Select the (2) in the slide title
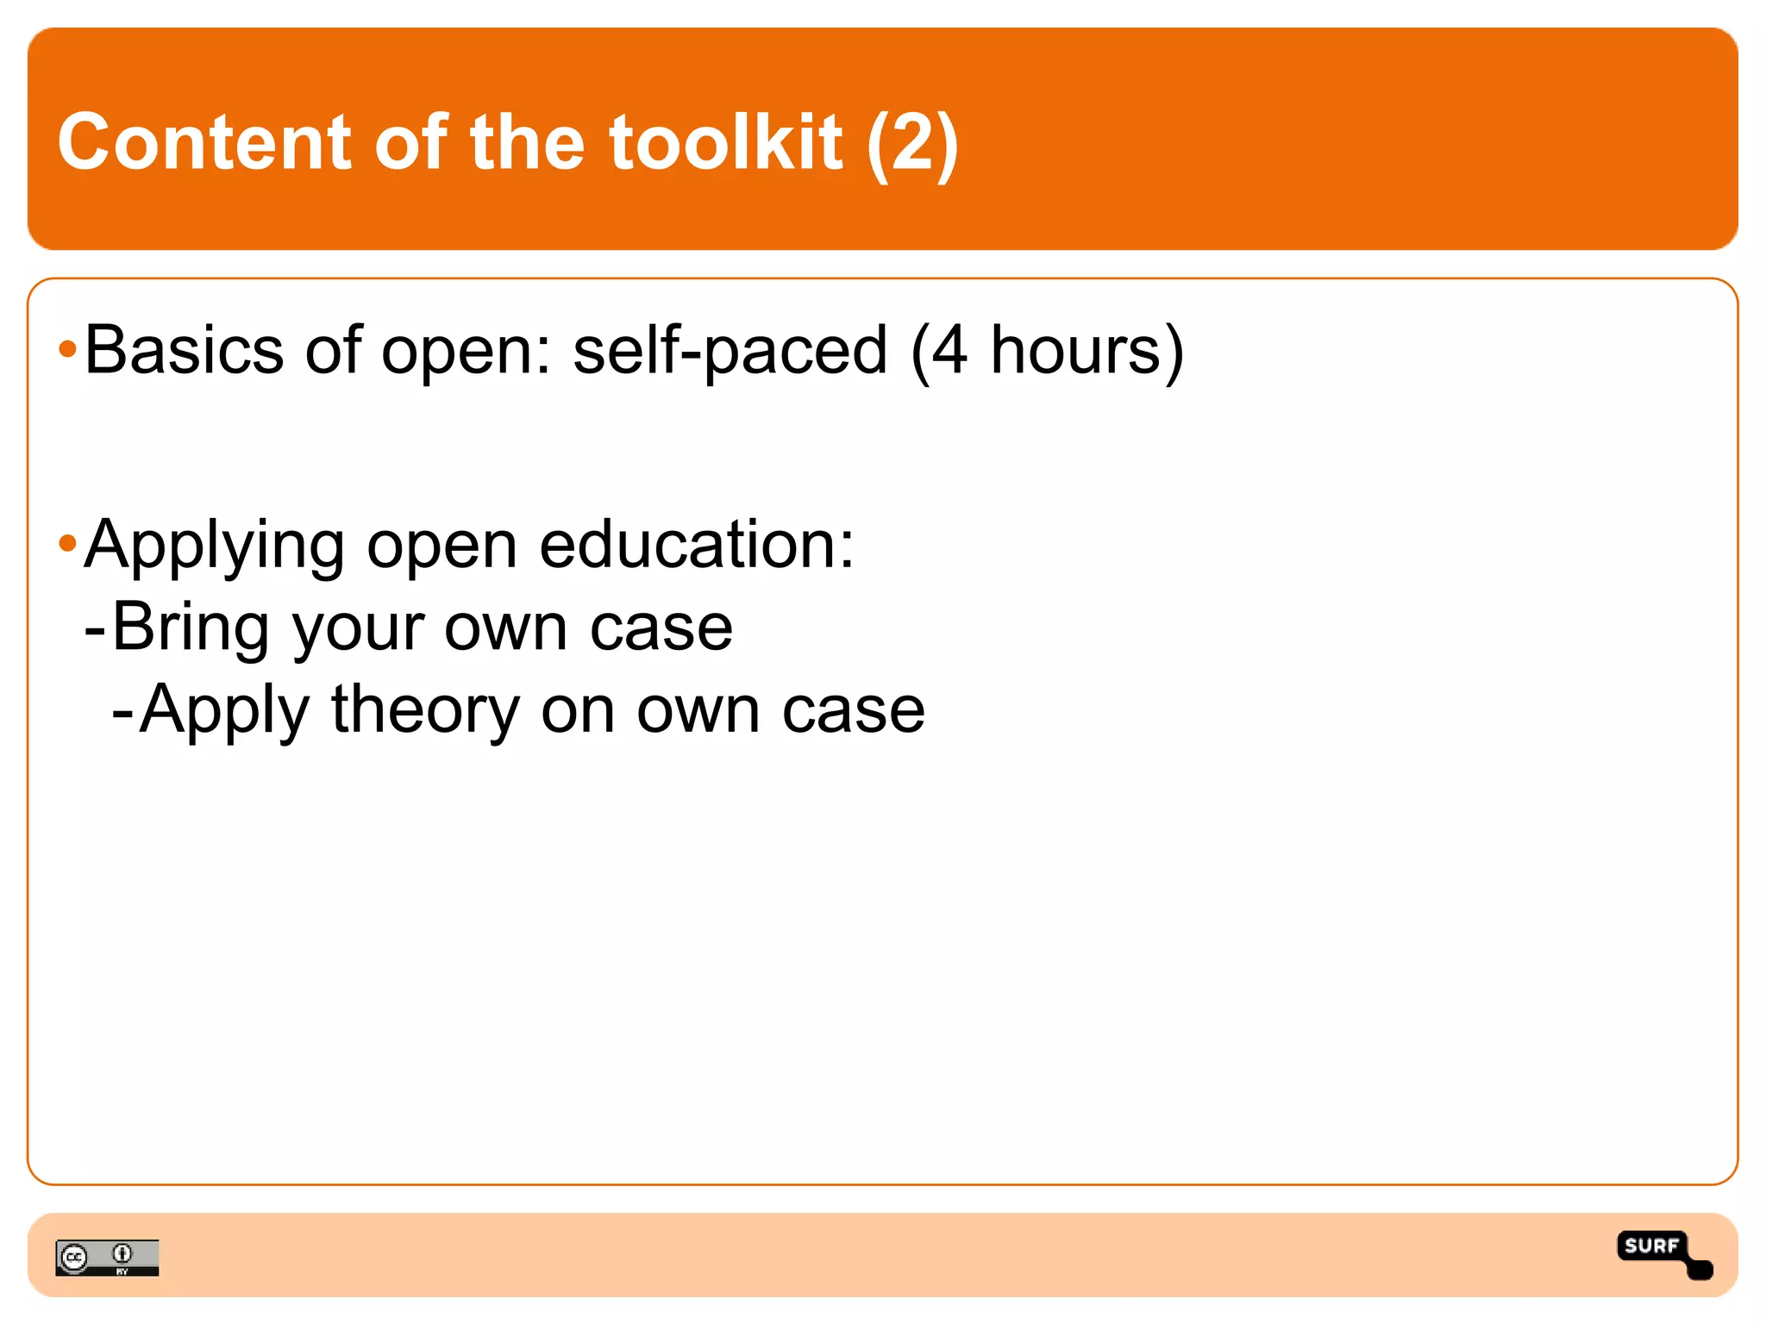pyautogui.click(x=912, y=144)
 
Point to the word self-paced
pyautogui.click(x=730, y=352)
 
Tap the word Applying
pyautogui.click(x=214, y=546)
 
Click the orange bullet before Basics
pyautogui.click(x=67, y=350)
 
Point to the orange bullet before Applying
pyautogui.click(x=67, y=544)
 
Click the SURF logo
pyautogui.click(x=1663, y=1253)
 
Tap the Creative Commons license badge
pyautogui.click(x=107, y=1258)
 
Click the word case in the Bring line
pyautogui.click(x=661, y=628)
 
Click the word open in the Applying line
pyautogui.click(x=441, y=546)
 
